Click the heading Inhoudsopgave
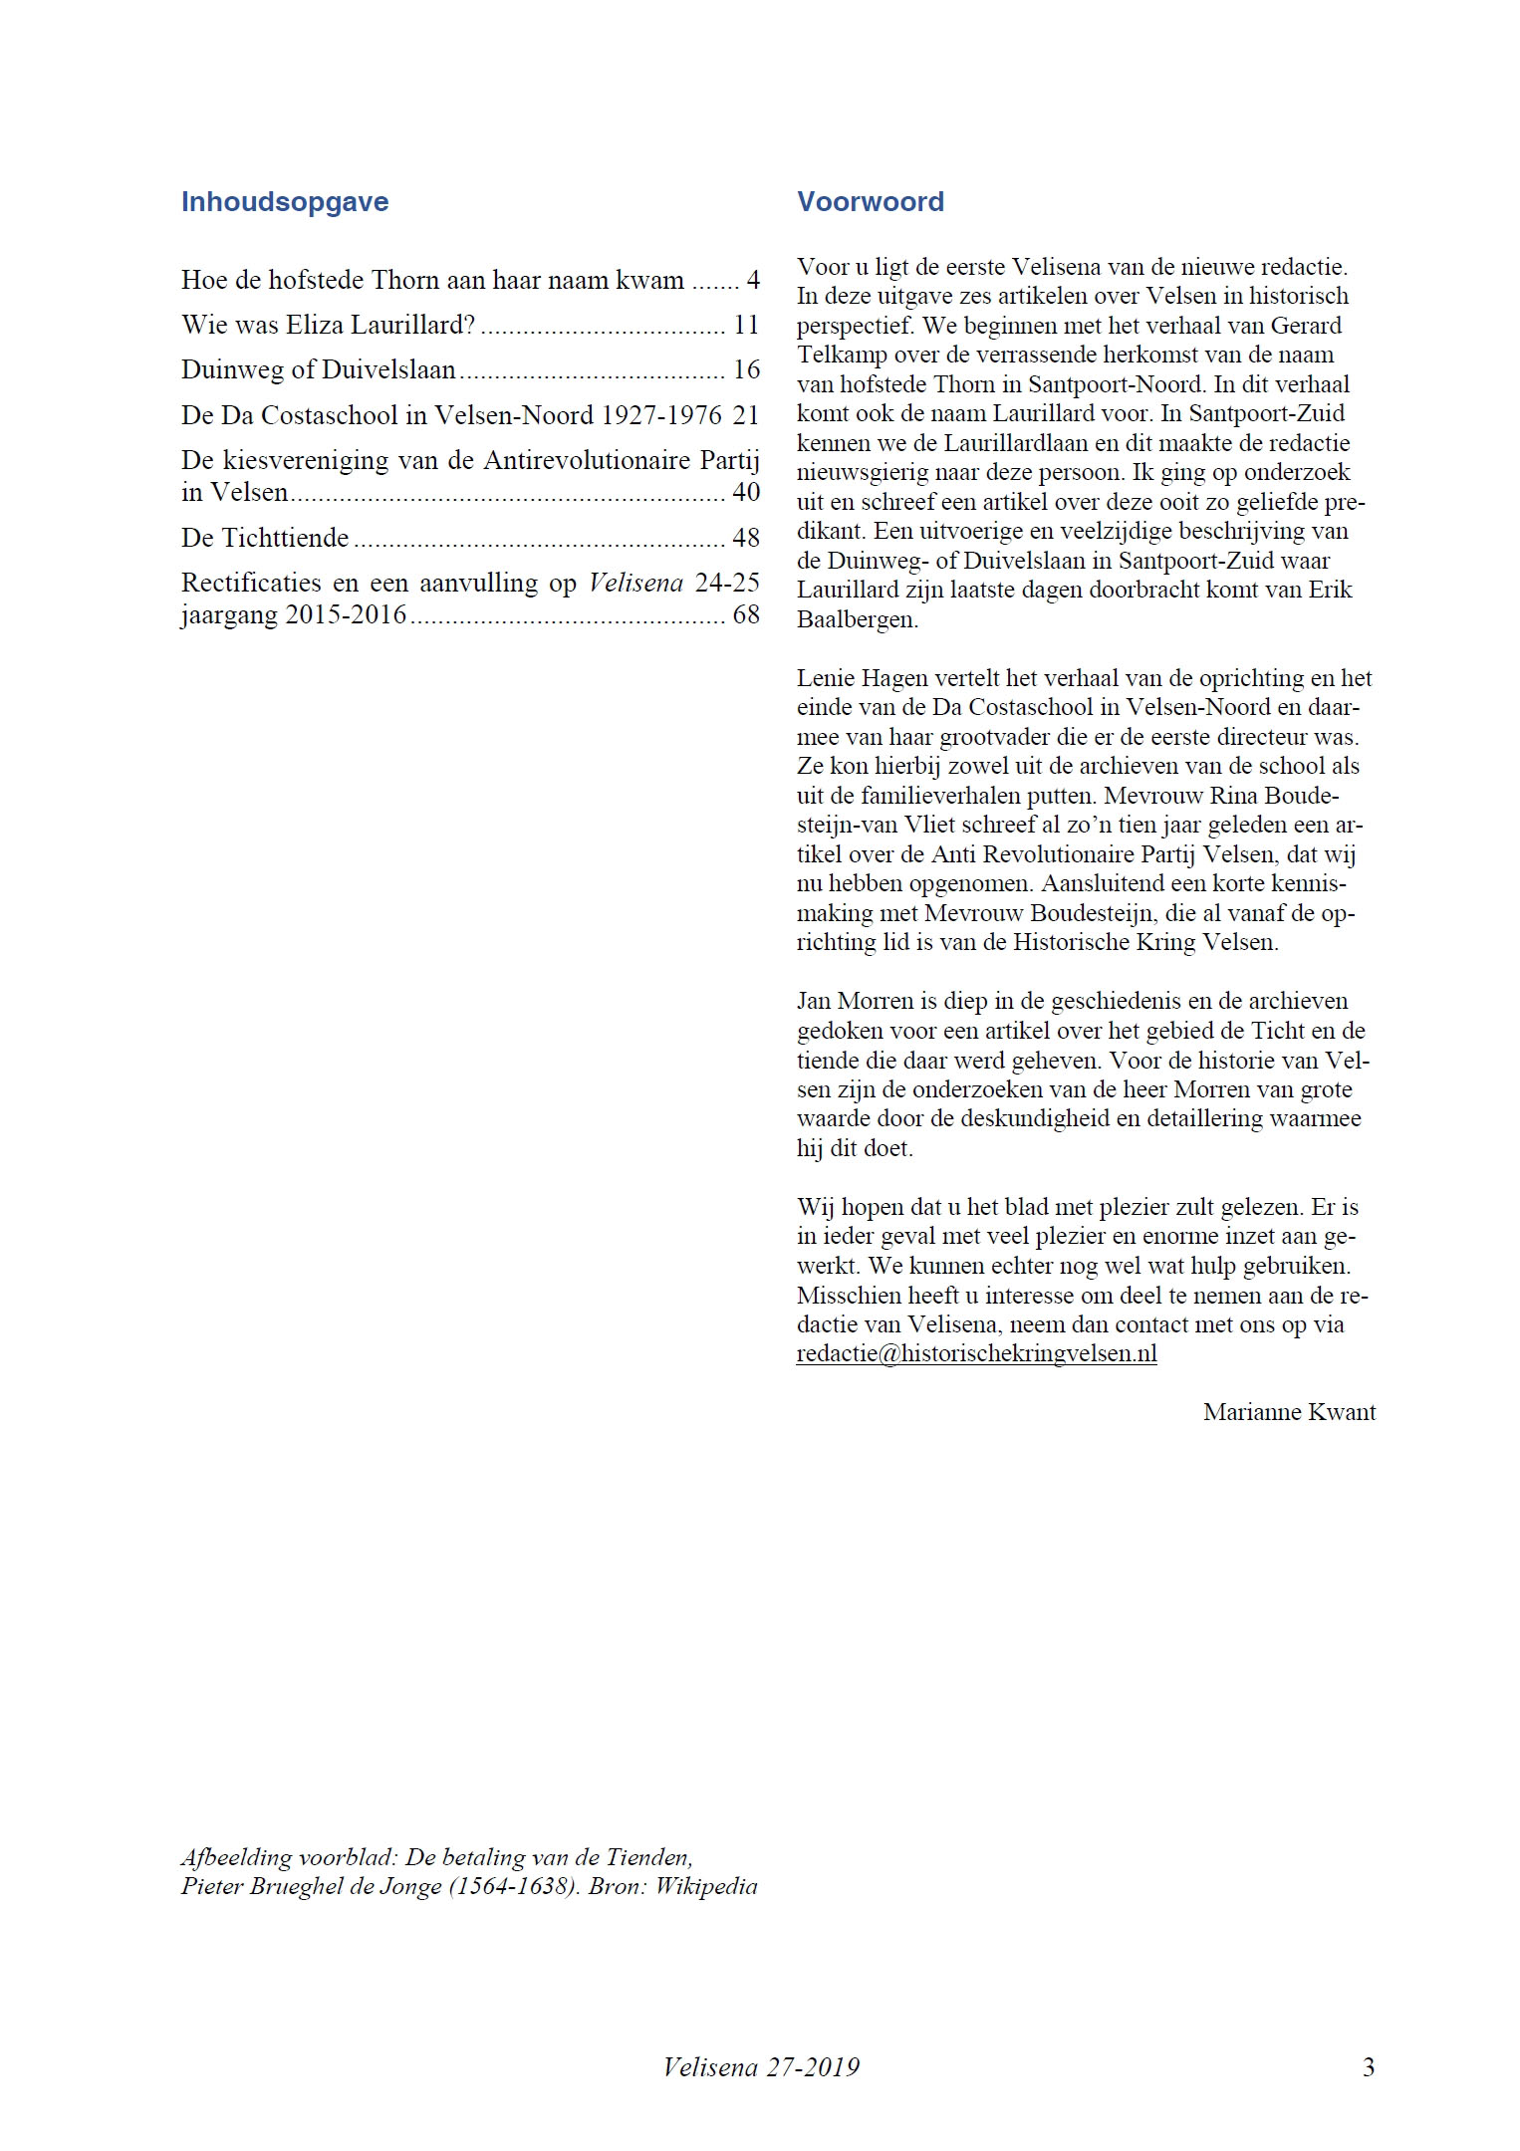point(285,202)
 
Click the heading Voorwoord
point(870,202)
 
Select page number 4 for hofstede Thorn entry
point(752,280)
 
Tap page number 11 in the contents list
point(745,326)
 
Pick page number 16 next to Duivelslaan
point(745,370)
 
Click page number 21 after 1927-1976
point(745,415)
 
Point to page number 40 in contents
point(745,492)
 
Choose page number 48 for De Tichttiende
point(745,538)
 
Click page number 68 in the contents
point(745,614)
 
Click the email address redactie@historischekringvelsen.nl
point(976,1354)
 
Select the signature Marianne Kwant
point(1289,1412)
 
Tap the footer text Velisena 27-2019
point(761,2067)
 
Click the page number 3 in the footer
point(1369,2067)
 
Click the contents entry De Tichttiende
point(265,538)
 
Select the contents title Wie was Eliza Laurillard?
point(329,326)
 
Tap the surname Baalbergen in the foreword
point(857,619)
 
